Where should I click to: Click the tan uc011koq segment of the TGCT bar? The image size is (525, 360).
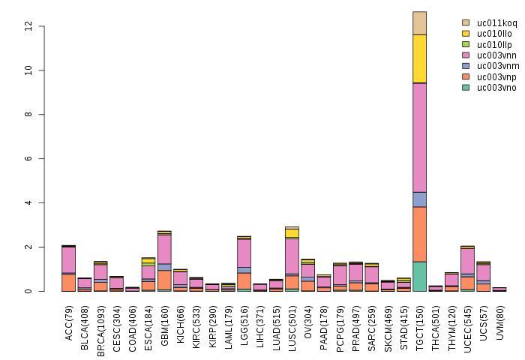419,22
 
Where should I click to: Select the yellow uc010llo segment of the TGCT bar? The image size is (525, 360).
419,58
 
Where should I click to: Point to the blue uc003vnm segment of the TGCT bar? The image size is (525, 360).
419,199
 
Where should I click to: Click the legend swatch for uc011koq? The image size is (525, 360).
466,23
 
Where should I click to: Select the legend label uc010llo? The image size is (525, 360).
496,34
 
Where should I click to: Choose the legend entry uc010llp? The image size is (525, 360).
496,44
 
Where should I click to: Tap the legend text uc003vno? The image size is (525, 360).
496,88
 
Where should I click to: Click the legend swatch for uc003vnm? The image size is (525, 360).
466,66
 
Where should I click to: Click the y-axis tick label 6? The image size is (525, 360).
28,159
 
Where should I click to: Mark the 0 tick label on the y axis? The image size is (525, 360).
28,291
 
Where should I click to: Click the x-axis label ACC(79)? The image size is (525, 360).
69,323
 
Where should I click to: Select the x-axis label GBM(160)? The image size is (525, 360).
165,322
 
